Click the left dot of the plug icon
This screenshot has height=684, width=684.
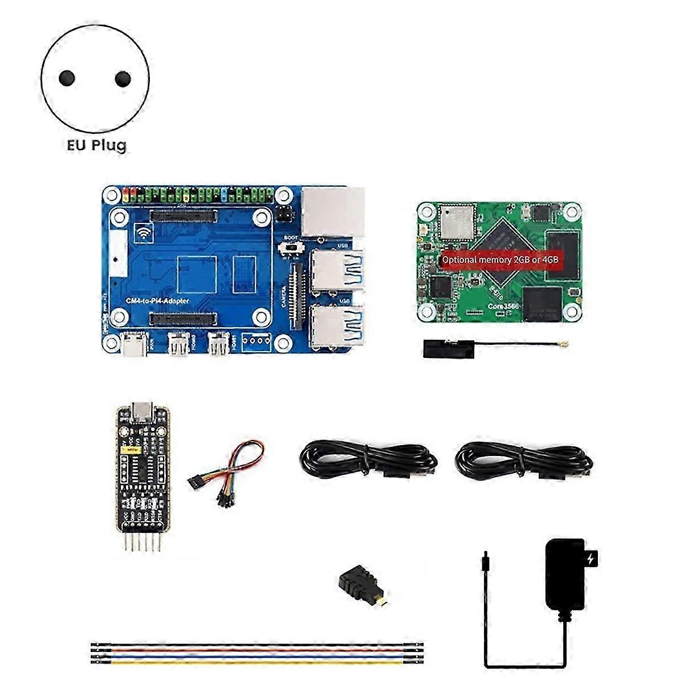coord(67,78)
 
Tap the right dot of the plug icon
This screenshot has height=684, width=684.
coord(123,79)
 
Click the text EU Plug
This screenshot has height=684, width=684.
coord(96,145)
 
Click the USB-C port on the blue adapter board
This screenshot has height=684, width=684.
coord(137,344)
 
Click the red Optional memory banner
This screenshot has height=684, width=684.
coord(500,259)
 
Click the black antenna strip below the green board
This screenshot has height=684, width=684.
coord(449,348)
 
